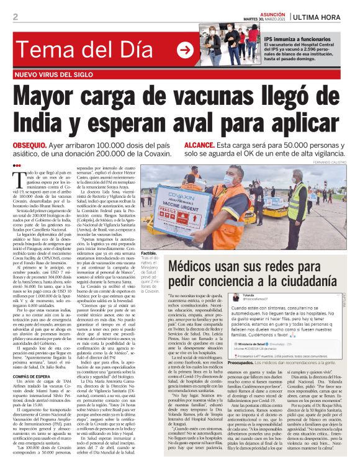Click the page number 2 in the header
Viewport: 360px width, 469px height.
(16, 17)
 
